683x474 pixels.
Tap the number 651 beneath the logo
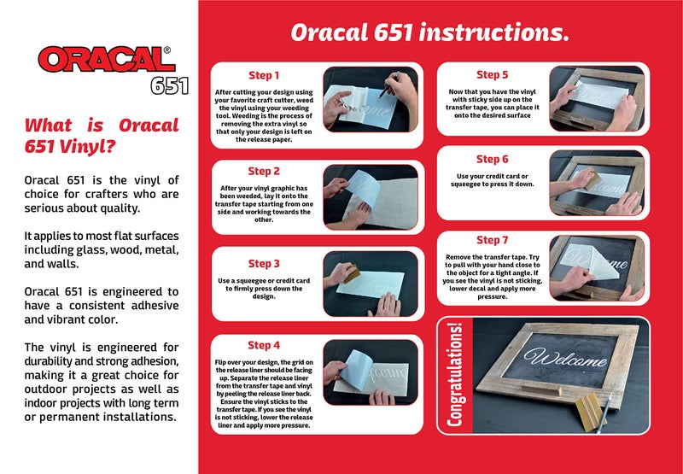[x=169, y=85]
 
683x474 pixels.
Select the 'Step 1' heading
[x=264, y=75]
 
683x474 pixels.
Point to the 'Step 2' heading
[x=264, y=171]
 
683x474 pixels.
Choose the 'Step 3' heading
[x=264, y=264]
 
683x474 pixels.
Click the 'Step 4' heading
[x=264, y=345]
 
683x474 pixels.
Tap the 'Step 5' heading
[x=493, y=75]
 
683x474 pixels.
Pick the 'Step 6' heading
[x=493, y=159]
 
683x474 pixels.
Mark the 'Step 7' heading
[x=493, y=240]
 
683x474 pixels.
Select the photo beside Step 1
[x=371, y=98]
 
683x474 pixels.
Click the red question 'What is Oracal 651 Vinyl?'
[x=102, y=135]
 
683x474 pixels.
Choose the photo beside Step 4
[x=371, y=372]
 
